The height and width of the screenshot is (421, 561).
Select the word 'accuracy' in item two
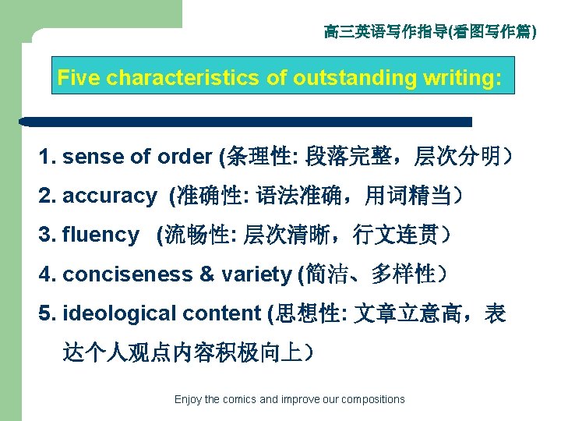(109, 196)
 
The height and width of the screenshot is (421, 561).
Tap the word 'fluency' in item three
(101, 235)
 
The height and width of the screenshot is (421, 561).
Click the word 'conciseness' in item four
(116, 274)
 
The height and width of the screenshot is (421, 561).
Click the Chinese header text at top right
(430, 32)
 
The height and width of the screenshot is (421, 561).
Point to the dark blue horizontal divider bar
(246, 122)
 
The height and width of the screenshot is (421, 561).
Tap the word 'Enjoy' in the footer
(188, 399)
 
